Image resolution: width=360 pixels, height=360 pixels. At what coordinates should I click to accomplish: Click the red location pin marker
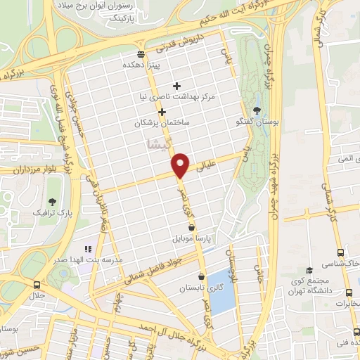pos(181,164)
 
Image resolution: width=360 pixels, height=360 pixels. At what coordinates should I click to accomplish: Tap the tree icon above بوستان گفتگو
pos(257,110)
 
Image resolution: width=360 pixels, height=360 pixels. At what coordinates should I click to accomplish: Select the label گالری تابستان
pos(181,288)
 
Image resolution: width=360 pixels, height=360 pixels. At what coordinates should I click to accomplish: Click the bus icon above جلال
pos(37,285)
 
